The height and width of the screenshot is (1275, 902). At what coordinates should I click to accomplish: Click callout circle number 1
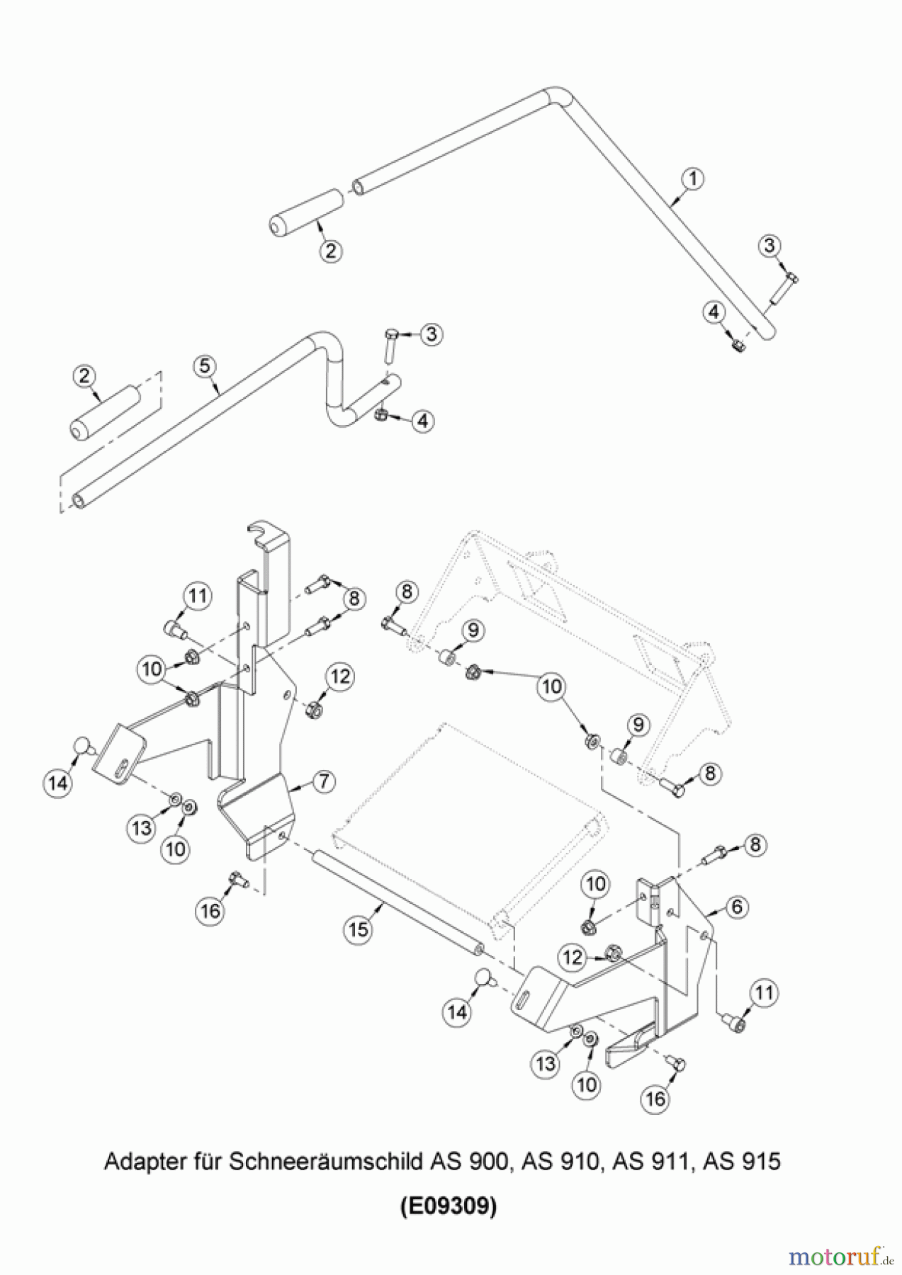click(x=693, y=178)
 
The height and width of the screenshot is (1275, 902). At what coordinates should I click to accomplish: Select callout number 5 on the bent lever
click(x=204, y=365)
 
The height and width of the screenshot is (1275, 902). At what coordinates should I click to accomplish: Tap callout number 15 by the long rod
click(x=359, y=929)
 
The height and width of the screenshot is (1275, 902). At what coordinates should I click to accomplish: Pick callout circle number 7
click(x=323, y=781)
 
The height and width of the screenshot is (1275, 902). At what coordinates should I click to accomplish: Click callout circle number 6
click(x=737, y=906)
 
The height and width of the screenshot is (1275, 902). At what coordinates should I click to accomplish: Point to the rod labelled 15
click(x=397, y=900)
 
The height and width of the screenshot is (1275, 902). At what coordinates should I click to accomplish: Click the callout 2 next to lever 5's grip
click(x=85, y=376)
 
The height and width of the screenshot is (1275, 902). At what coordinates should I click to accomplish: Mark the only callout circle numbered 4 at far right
click(x=714, y=312)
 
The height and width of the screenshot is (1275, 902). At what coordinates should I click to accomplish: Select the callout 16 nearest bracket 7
click(x=211, y=910)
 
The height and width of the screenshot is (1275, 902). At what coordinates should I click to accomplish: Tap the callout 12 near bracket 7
click(x=340, y=676)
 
